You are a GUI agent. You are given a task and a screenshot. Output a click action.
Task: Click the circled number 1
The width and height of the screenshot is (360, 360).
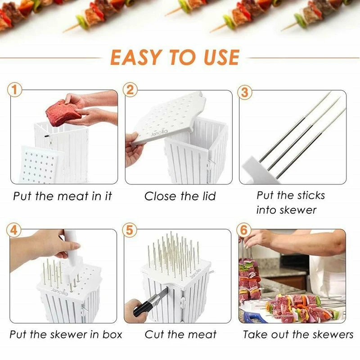pos(16,90)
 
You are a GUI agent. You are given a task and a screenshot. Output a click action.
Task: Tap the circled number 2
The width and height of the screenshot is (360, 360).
pos(130,90)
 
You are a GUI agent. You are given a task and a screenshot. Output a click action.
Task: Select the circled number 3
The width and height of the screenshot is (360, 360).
pos(245,92)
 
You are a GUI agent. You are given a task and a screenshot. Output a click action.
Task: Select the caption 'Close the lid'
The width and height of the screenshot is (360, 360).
pos(180,196)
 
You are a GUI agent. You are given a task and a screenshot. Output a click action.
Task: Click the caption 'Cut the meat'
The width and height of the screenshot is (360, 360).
pos(180,335)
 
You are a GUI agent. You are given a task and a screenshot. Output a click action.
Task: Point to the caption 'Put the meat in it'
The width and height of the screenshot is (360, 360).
pos(62,196)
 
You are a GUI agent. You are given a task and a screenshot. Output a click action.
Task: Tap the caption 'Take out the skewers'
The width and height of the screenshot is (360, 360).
pos(298,335)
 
